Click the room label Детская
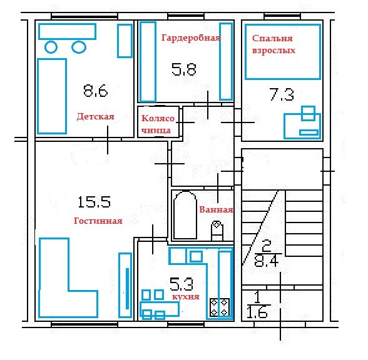tap(95, 116)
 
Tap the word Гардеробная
tap(191, 38)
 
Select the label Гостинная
tap(98, 221)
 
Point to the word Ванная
tap(216, 209)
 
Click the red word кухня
tap(186, 297)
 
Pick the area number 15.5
tap(94, 202)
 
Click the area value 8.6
tap(95, 91)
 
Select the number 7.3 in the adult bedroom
tap(282, 94)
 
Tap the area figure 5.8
tap(184, 69)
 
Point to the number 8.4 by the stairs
tap(267, 261)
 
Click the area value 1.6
tap(257, 312)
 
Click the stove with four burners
tap(220, 307)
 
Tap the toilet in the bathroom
tap(217, 231)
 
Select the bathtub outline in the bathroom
tap(185, 215)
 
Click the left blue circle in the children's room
tap(51, 47)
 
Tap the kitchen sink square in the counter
tap(196, 257)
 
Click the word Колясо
tap(158, 118)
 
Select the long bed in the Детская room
tap(52, 96)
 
